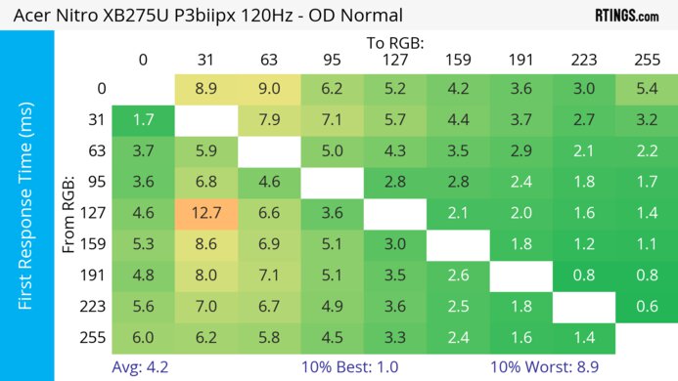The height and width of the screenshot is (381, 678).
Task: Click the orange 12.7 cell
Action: tap(205, 212)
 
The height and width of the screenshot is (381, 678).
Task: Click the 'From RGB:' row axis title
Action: tap(69, 212)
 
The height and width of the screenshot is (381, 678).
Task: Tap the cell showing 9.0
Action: tap(268, 89)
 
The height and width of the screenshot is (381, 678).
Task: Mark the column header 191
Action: tap(520, 60)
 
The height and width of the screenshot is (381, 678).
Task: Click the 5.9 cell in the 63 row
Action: tap(205, 150)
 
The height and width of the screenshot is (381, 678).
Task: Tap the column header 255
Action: tap(646, 60)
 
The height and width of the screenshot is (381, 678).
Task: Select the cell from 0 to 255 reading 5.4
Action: tap(646, 89)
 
